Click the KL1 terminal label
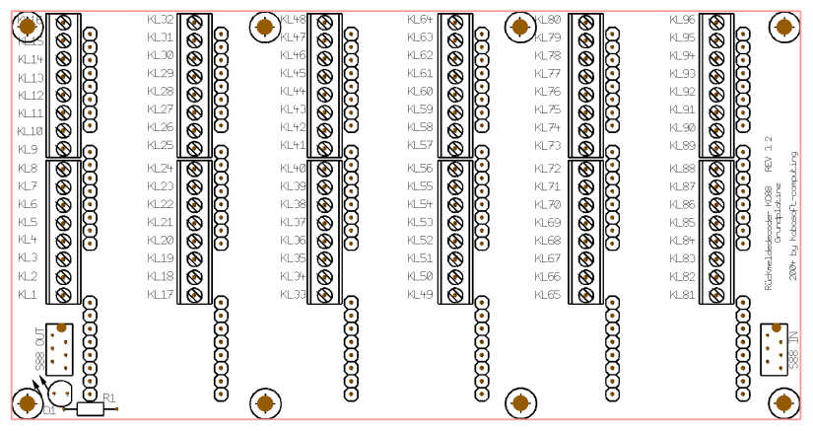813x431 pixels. point(28,295)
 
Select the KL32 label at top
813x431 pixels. point(160,20)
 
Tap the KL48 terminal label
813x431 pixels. point(293,20)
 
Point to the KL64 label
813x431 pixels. point(420,20)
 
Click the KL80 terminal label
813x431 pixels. point(548,20)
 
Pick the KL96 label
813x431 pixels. point(682,20)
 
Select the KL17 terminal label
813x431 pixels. point(160,295)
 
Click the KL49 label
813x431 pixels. point(420,295)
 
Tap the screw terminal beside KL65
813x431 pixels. point(585,295)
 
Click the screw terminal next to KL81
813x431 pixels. point(716,295)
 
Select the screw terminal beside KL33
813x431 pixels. point(325,295)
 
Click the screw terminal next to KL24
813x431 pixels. point(194,168)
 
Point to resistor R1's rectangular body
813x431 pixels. point(90,408)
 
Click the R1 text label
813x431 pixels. point(108,398)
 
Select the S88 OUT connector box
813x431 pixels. point(60,346)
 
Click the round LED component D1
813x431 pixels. point(59,394)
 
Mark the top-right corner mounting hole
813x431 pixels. point(783,28)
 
